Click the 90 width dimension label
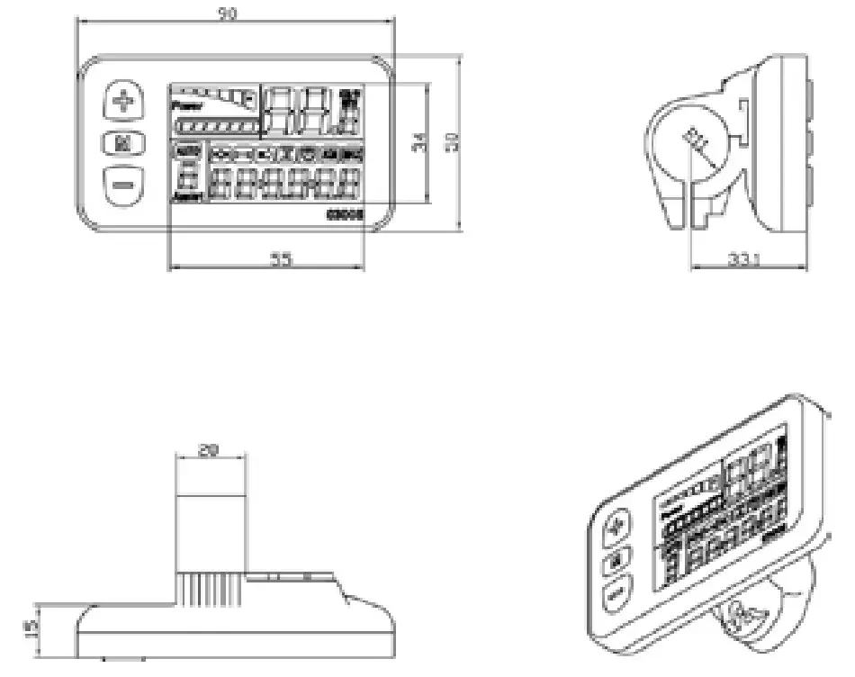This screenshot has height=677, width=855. tap(229, 15)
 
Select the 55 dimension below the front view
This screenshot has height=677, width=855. tap(282, 259)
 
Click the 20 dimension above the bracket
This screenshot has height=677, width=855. tap(209, 451)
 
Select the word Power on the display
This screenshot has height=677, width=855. tap(187, 106)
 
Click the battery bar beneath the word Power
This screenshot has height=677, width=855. tap(216, 128)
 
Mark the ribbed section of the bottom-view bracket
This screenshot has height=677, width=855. tap(209, 590)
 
